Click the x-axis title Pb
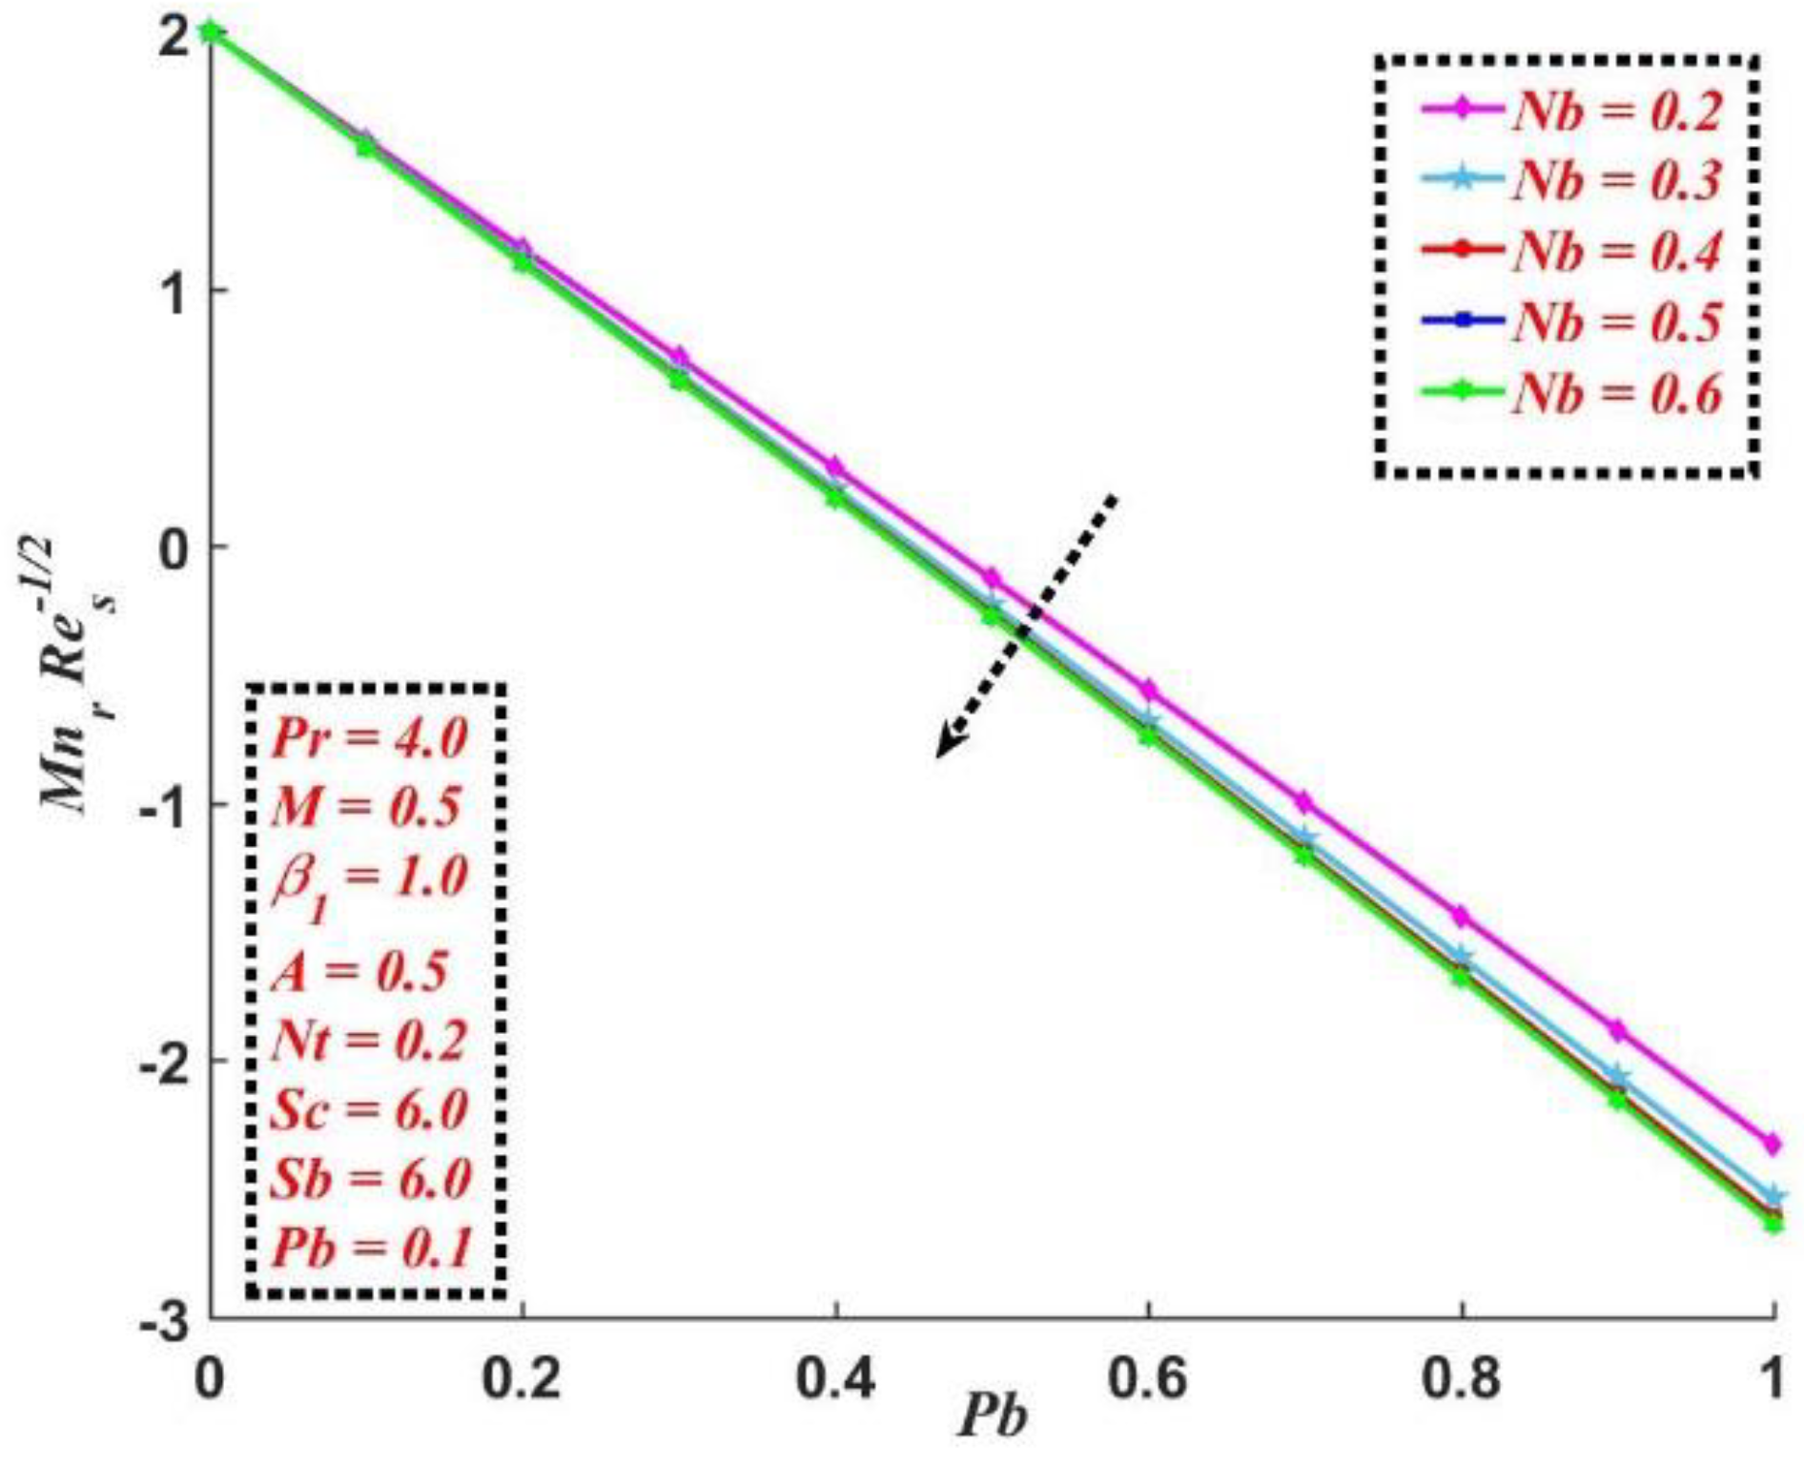pyautogui.click(x=992, y=1416)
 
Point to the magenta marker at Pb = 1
pyautogui.click(x=1773, y=1143)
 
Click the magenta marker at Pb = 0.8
pyautogui.click(x=1461, y=916)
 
